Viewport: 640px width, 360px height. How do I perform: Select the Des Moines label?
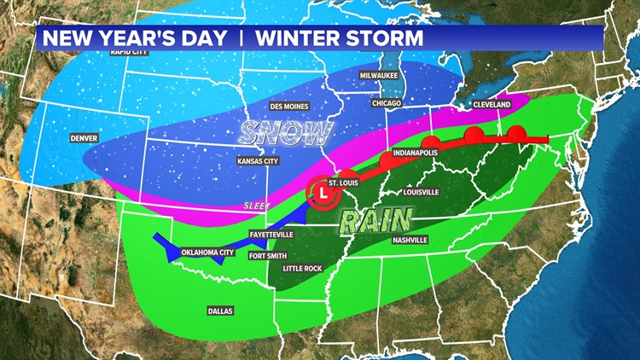(x=289, y=106)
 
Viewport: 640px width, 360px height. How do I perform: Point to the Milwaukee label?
(x=379, y=74)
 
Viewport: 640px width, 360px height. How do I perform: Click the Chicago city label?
(x=387, y=102)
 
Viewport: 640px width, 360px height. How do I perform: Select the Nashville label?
(x=410, y=240)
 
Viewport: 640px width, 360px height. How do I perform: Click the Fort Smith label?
(x=267, y=254)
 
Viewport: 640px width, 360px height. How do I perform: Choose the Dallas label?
(x=220, y=311)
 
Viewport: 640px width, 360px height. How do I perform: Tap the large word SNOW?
(x=285, y=132)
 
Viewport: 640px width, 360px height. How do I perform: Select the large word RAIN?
(x=375, y=221)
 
